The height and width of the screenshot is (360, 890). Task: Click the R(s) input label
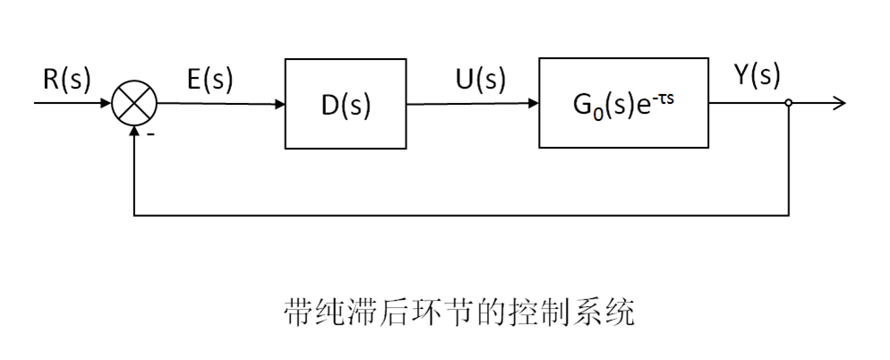coord(67,80)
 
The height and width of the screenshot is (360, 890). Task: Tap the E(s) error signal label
coord(209,80)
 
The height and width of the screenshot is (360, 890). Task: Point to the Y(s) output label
coord(757,77)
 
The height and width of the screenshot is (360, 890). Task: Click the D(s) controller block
coord(346,104)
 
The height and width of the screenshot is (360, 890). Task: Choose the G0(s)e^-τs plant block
coord(623,104)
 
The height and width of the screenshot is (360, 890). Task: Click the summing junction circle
coord(134,104)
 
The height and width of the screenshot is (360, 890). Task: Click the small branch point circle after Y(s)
coord(789,104)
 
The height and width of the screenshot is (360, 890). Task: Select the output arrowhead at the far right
coord(839,104)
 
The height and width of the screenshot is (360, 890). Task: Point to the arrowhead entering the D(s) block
coord(278,104)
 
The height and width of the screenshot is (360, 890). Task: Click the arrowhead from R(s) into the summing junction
coord(107,104)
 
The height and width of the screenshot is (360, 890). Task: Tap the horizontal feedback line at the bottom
coord(461,215)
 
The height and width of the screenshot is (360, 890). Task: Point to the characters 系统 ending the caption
coord(601,313)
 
